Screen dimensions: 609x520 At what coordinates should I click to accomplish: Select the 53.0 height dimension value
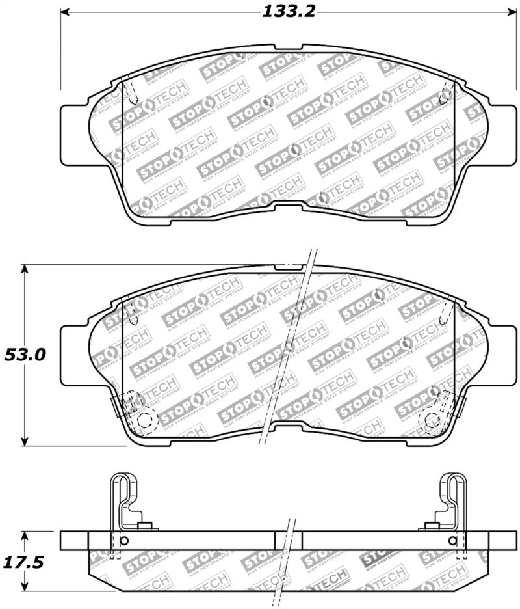point(25,355)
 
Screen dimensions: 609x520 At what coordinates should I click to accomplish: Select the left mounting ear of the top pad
point(73,133)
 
